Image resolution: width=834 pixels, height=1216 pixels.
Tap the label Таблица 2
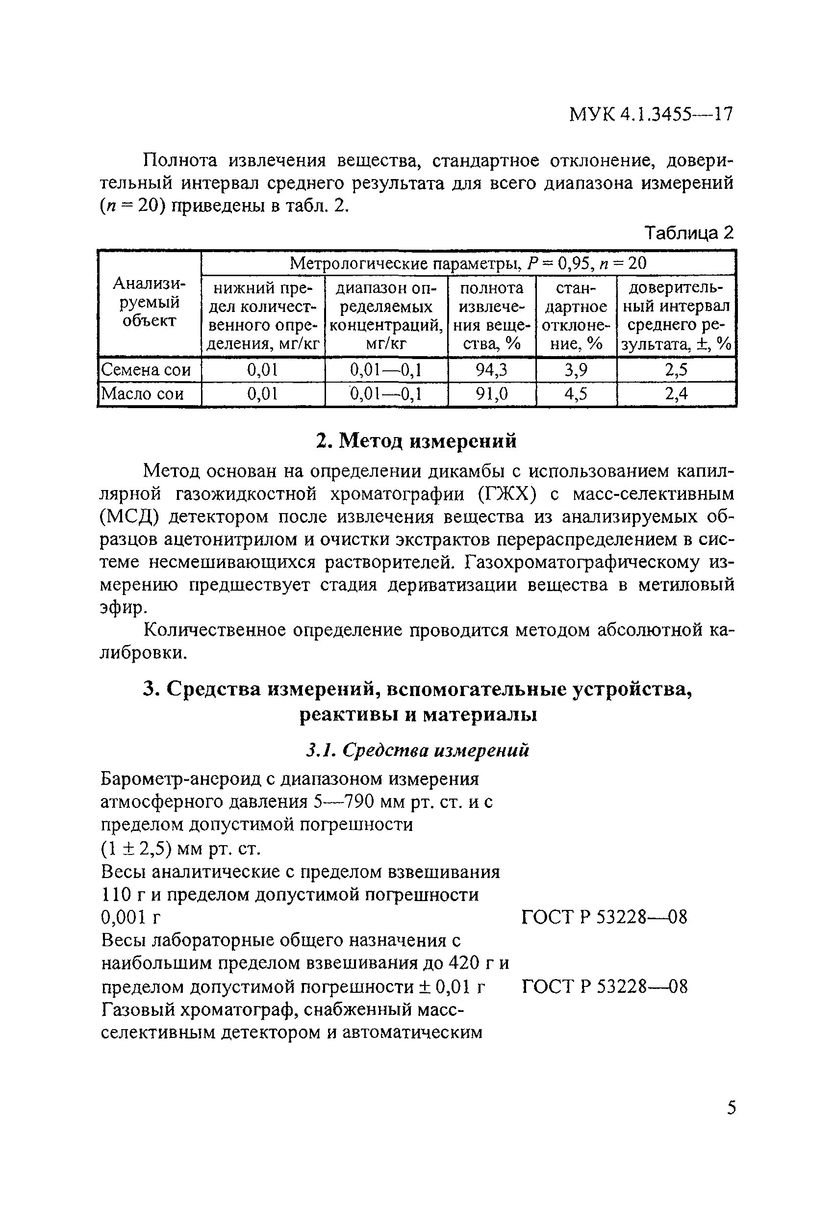pos(689,233)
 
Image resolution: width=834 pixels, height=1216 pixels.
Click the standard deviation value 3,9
pos(576,370)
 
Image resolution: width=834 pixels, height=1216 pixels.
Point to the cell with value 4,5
pos(576,393)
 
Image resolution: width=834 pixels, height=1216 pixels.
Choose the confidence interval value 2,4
pos(676,393)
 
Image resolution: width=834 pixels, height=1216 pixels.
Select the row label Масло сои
pos(142,393)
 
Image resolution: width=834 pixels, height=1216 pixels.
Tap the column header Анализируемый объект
pos(150,303)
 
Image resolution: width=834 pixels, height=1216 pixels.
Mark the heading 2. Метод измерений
pos(417,440)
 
